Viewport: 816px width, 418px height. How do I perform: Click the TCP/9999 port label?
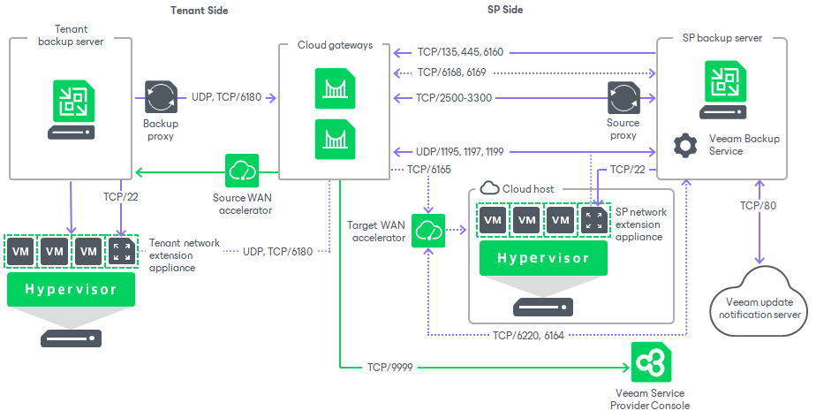(390, 365)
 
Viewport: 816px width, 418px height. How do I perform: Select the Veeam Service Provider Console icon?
(650, 363)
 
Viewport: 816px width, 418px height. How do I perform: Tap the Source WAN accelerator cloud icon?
(243, 170)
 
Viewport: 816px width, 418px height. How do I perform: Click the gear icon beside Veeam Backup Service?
(682, 145)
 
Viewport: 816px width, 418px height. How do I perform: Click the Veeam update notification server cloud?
(759, 305)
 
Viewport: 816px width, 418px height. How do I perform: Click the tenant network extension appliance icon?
(122, 252)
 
